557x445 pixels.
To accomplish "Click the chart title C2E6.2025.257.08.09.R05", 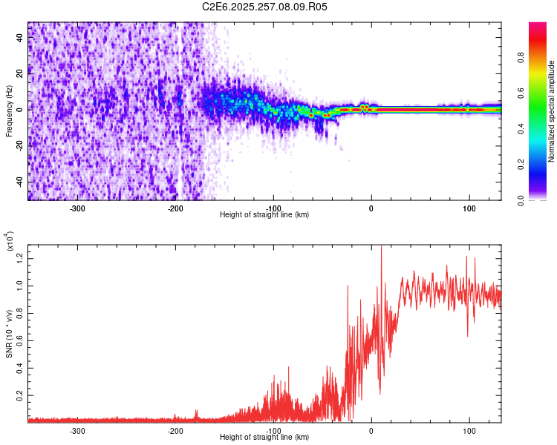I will pos(264,7).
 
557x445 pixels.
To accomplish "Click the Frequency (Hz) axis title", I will pos(9,111).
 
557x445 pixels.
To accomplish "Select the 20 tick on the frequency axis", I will pos(21,73).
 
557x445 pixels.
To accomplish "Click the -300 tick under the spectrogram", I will pos(77,208).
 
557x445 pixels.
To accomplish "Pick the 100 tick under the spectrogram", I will pos(469,208).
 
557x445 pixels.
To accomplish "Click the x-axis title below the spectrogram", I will pos(264,214).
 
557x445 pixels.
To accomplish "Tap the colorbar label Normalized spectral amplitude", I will pos(551,111).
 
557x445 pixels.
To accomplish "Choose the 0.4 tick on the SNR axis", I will pos(19,368).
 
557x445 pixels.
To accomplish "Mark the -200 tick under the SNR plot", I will pos(175,430).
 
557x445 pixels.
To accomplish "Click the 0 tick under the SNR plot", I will pos(371,430).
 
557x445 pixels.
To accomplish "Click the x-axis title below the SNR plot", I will pos(264,437).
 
